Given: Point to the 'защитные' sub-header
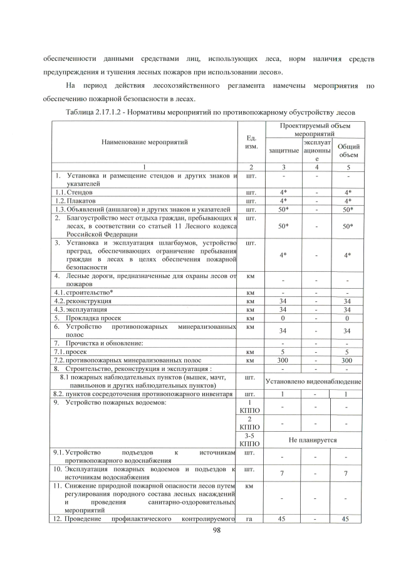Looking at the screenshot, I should click(x=283, y=151).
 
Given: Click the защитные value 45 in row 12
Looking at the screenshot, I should click(x=283, y=519).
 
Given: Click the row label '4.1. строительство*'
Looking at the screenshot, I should click(x=82, y=292).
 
